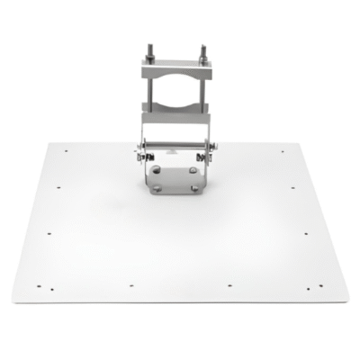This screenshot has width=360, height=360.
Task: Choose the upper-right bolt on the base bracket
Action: [x=197, y=167]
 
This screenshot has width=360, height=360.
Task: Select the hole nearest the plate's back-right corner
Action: [x=283, y=150]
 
